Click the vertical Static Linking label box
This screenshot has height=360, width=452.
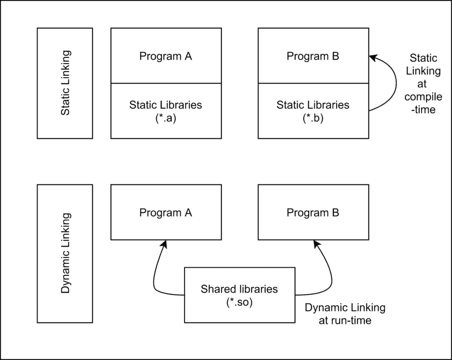tap(65, 83)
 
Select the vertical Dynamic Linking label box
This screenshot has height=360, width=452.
tap(65, 253)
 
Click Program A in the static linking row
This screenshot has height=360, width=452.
tap(166, 56)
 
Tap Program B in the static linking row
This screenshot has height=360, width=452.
tap(313, 56)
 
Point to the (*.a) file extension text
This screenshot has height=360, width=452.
tap(166, 118)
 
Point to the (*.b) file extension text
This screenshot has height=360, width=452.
tap(313, 118)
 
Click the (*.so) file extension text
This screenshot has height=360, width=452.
tap(239, 303)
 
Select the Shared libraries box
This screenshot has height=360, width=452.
tap(239, 295)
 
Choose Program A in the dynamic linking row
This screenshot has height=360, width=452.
tap(166, 212)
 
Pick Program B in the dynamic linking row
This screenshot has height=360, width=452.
tap(313, 212)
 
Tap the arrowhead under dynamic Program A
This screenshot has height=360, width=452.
tap(164, 244)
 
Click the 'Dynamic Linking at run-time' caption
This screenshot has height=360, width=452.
tap(345, 314)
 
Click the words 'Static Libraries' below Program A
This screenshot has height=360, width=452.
tap(166, 105)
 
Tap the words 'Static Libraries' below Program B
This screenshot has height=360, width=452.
tap(313, 105)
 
